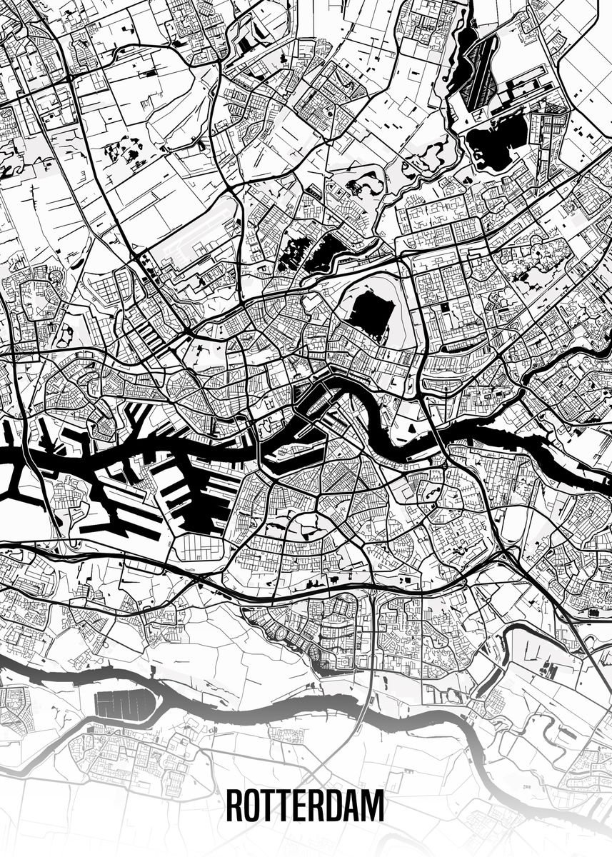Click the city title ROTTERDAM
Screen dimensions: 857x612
[305, 805]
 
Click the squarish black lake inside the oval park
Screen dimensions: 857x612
[372, 313]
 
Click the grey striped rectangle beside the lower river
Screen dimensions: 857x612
[124, 703]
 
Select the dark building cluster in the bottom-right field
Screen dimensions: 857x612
[549, 670]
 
